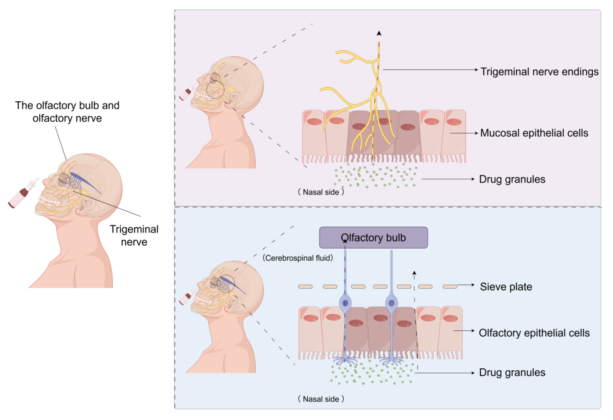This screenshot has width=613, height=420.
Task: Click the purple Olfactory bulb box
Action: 373,237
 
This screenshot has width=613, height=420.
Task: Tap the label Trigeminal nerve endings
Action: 539,72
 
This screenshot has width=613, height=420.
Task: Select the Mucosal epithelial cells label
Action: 534,133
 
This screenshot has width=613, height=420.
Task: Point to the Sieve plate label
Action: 506,287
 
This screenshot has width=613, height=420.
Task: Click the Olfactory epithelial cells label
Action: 534,333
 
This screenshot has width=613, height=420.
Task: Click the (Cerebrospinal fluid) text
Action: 298,258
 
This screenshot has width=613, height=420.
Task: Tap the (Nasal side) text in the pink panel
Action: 321,192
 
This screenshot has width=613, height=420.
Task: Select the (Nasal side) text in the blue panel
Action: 321,399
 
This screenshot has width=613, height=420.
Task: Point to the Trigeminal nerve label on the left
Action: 134,236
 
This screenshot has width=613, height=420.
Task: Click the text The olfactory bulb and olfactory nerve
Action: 67,112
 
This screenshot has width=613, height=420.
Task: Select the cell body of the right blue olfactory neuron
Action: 391,303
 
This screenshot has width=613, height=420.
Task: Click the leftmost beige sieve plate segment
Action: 305,287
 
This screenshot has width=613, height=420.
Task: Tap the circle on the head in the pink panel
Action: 215,89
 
